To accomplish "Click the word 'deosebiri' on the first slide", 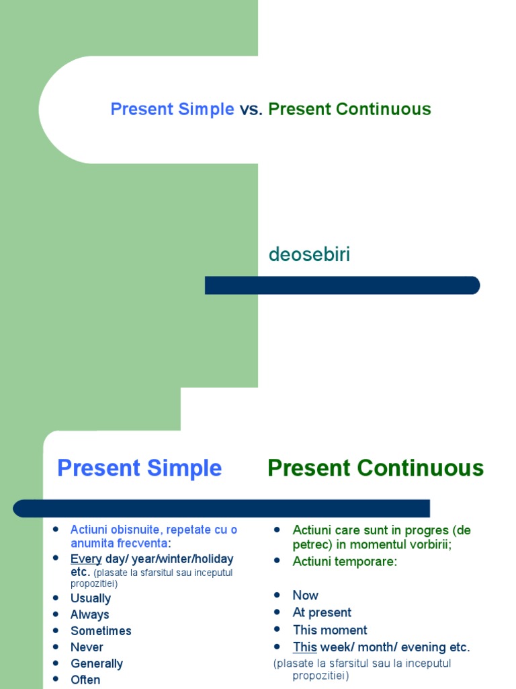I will point(309,255).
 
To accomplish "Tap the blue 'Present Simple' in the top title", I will point(172,109).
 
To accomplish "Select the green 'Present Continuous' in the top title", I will point(349,109).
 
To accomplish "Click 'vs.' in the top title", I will point(251,109).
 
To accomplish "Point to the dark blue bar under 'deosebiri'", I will point(342,285).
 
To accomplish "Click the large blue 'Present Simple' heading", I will point(139,468).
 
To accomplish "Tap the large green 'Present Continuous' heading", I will point(376,468).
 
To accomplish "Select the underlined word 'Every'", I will point(86,558).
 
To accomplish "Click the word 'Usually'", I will point(91,598).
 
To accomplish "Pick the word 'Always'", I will point(90,614).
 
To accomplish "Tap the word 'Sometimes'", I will point(101,630).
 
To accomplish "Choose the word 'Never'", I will point(87,647).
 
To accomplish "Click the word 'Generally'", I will point(97,663).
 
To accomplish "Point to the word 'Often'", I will point(85,680).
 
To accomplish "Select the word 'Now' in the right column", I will point(306,595).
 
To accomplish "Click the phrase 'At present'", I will point(322,612).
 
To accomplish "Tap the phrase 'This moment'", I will point(330,630).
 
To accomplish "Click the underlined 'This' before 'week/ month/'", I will point(304,647).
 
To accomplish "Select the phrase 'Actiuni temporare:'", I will point(345,561).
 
